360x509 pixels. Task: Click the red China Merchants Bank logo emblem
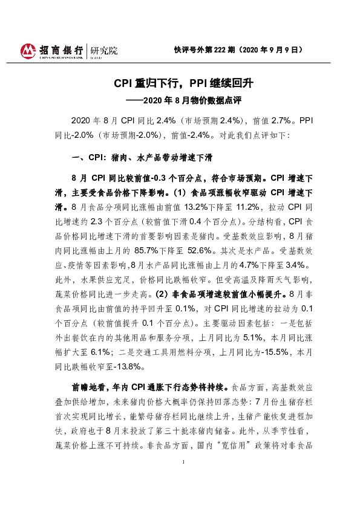pyautogui.click(x=27, y=50)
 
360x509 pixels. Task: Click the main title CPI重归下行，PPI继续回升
pyautogui.click(x=179, y=83)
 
